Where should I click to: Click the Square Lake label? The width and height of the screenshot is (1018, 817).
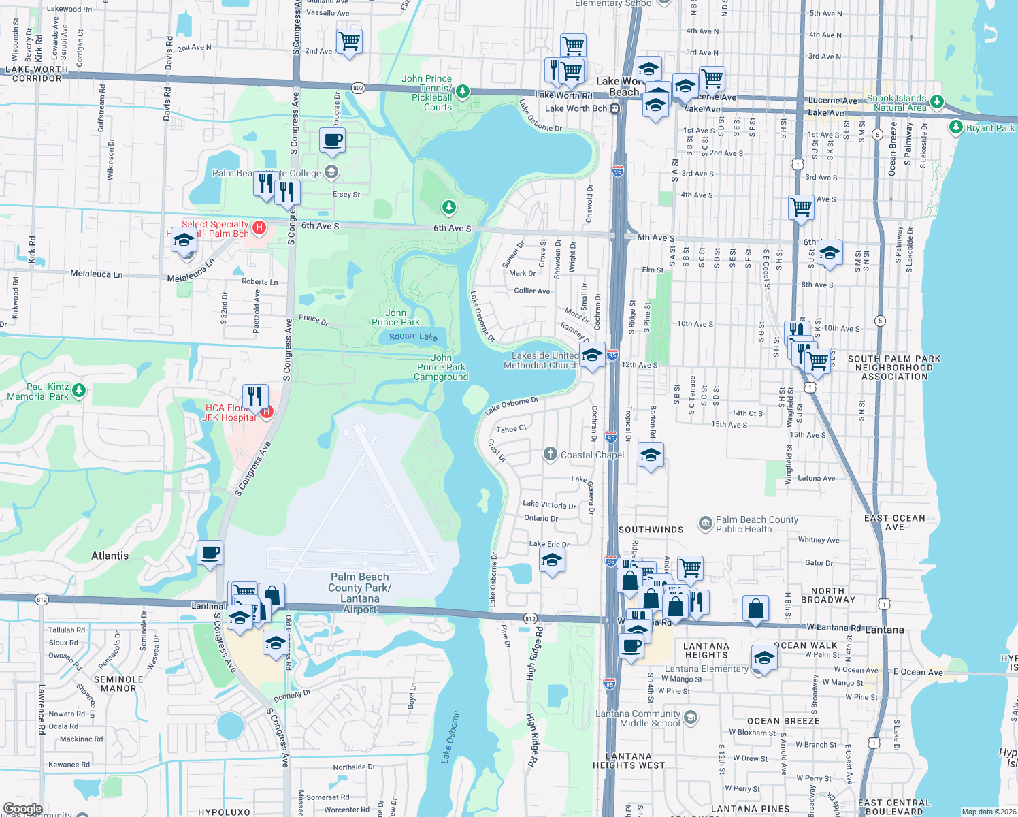413,336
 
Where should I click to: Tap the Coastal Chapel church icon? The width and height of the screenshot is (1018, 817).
551,454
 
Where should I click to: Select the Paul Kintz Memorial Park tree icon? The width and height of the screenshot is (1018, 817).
79,390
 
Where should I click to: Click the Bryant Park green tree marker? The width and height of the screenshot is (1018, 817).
956,127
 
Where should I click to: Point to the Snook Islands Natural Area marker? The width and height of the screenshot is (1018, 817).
937,101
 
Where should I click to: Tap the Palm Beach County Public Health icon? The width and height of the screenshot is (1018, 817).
706,524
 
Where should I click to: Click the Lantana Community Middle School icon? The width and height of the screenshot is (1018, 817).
691,717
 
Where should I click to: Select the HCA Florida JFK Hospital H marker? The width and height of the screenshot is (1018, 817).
267,411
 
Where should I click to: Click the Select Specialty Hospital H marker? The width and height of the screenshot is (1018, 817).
259,227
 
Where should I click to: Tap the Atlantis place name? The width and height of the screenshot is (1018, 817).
110,556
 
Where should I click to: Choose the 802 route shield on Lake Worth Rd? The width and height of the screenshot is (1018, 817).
358,88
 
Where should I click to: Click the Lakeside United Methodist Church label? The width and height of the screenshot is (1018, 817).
541,360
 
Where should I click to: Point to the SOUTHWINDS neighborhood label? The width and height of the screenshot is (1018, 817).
651,530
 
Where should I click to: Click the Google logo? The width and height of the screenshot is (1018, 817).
22,809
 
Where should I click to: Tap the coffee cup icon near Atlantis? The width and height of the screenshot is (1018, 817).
210,552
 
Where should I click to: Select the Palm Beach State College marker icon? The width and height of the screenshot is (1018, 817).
331,172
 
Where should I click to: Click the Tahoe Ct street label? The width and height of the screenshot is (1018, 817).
511,429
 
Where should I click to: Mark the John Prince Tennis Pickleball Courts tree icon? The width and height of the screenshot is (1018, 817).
463,91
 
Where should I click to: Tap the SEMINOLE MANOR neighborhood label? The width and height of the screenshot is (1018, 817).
118,684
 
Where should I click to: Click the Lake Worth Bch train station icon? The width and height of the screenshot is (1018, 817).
615,108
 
